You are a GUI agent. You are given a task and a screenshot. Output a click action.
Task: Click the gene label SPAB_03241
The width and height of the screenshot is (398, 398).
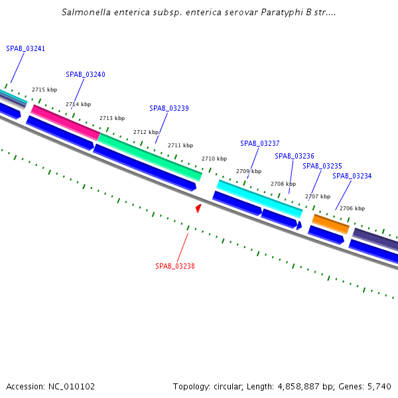(26, 48)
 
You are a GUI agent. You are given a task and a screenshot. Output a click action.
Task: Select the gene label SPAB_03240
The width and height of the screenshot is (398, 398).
(86, 75)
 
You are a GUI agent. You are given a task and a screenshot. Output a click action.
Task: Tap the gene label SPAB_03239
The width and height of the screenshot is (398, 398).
(169, 108)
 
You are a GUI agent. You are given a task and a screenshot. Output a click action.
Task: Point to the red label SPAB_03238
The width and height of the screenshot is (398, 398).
(175, 266)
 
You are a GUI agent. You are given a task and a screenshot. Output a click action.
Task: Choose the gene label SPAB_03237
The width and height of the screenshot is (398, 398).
(260, 143)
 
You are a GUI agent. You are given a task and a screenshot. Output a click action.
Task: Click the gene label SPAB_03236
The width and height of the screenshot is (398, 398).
(295, 156)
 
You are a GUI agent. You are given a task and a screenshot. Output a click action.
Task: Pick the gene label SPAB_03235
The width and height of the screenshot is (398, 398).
(322, 166)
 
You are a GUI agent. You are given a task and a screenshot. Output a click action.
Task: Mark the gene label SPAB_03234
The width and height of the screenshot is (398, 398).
(352, 176)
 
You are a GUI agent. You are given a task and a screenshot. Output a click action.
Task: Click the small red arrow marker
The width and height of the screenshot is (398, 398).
(198, 208)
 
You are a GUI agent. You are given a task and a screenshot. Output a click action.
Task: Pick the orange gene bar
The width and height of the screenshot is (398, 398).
(330, 223)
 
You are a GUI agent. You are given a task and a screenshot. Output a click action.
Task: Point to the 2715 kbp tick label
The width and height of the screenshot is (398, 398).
(44, 90)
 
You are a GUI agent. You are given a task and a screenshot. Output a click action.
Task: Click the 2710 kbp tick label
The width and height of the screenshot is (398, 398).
(214, 159)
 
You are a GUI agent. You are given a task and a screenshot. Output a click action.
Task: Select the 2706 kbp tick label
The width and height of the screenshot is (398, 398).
(352, 208)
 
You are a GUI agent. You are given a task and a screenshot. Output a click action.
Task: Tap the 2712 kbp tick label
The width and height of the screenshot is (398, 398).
(146, 132)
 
